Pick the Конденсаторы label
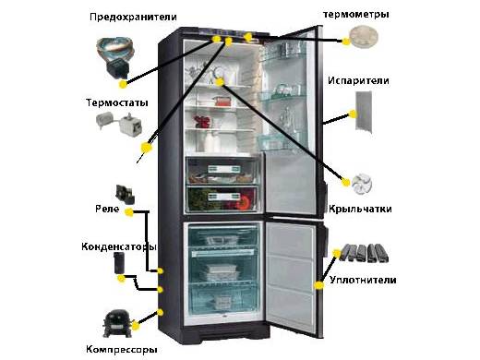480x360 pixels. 118,246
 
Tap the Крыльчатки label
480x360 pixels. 361,210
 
